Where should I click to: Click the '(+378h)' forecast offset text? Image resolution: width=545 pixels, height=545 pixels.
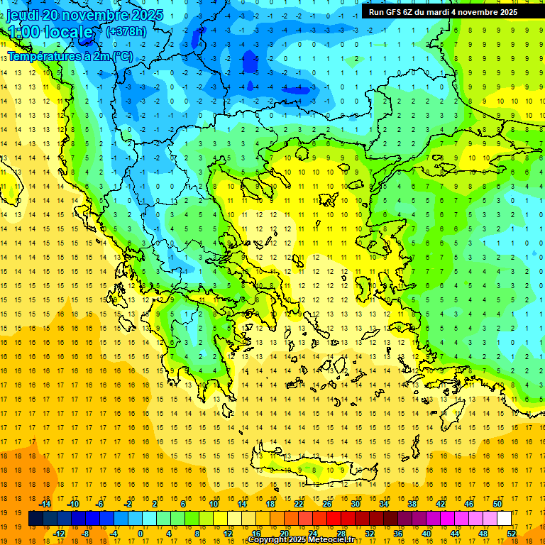click(126, 31)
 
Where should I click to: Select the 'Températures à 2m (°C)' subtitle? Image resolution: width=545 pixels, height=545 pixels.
click(69, 55)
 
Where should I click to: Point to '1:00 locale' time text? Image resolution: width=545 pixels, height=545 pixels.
click(50, 33)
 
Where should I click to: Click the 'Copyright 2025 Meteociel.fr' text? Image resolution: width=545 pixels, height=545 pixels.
click(302, 540)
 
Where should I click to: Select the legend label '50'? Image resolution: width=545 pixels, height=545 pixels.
click(497, 504)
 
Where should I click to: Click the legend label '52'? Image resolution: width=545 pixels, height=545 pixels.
click(512, 534)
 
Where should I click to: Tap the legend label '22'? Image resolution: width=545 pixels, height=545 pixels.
click(299, 504)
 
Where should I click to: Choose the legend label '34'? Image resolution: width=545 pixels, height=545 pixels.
click(384, 504)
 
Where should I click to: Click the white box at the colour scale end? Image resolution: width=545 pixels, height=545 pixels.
click(505, 519)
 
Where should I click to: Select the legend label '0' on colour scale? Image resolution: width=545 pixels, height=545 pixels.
click(141, 534)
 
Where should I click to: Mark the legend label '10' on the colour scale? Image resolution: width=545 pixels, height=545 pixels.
click(214, 504)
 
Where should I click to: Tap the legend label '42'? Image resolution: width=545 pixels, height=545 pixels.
click(441, 504)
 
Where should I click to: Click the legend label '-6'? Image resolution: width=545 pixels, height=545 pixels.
click(100, 504)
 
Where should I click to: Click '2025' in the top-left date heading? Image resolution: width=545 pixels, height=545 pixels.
click(136, 15)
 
